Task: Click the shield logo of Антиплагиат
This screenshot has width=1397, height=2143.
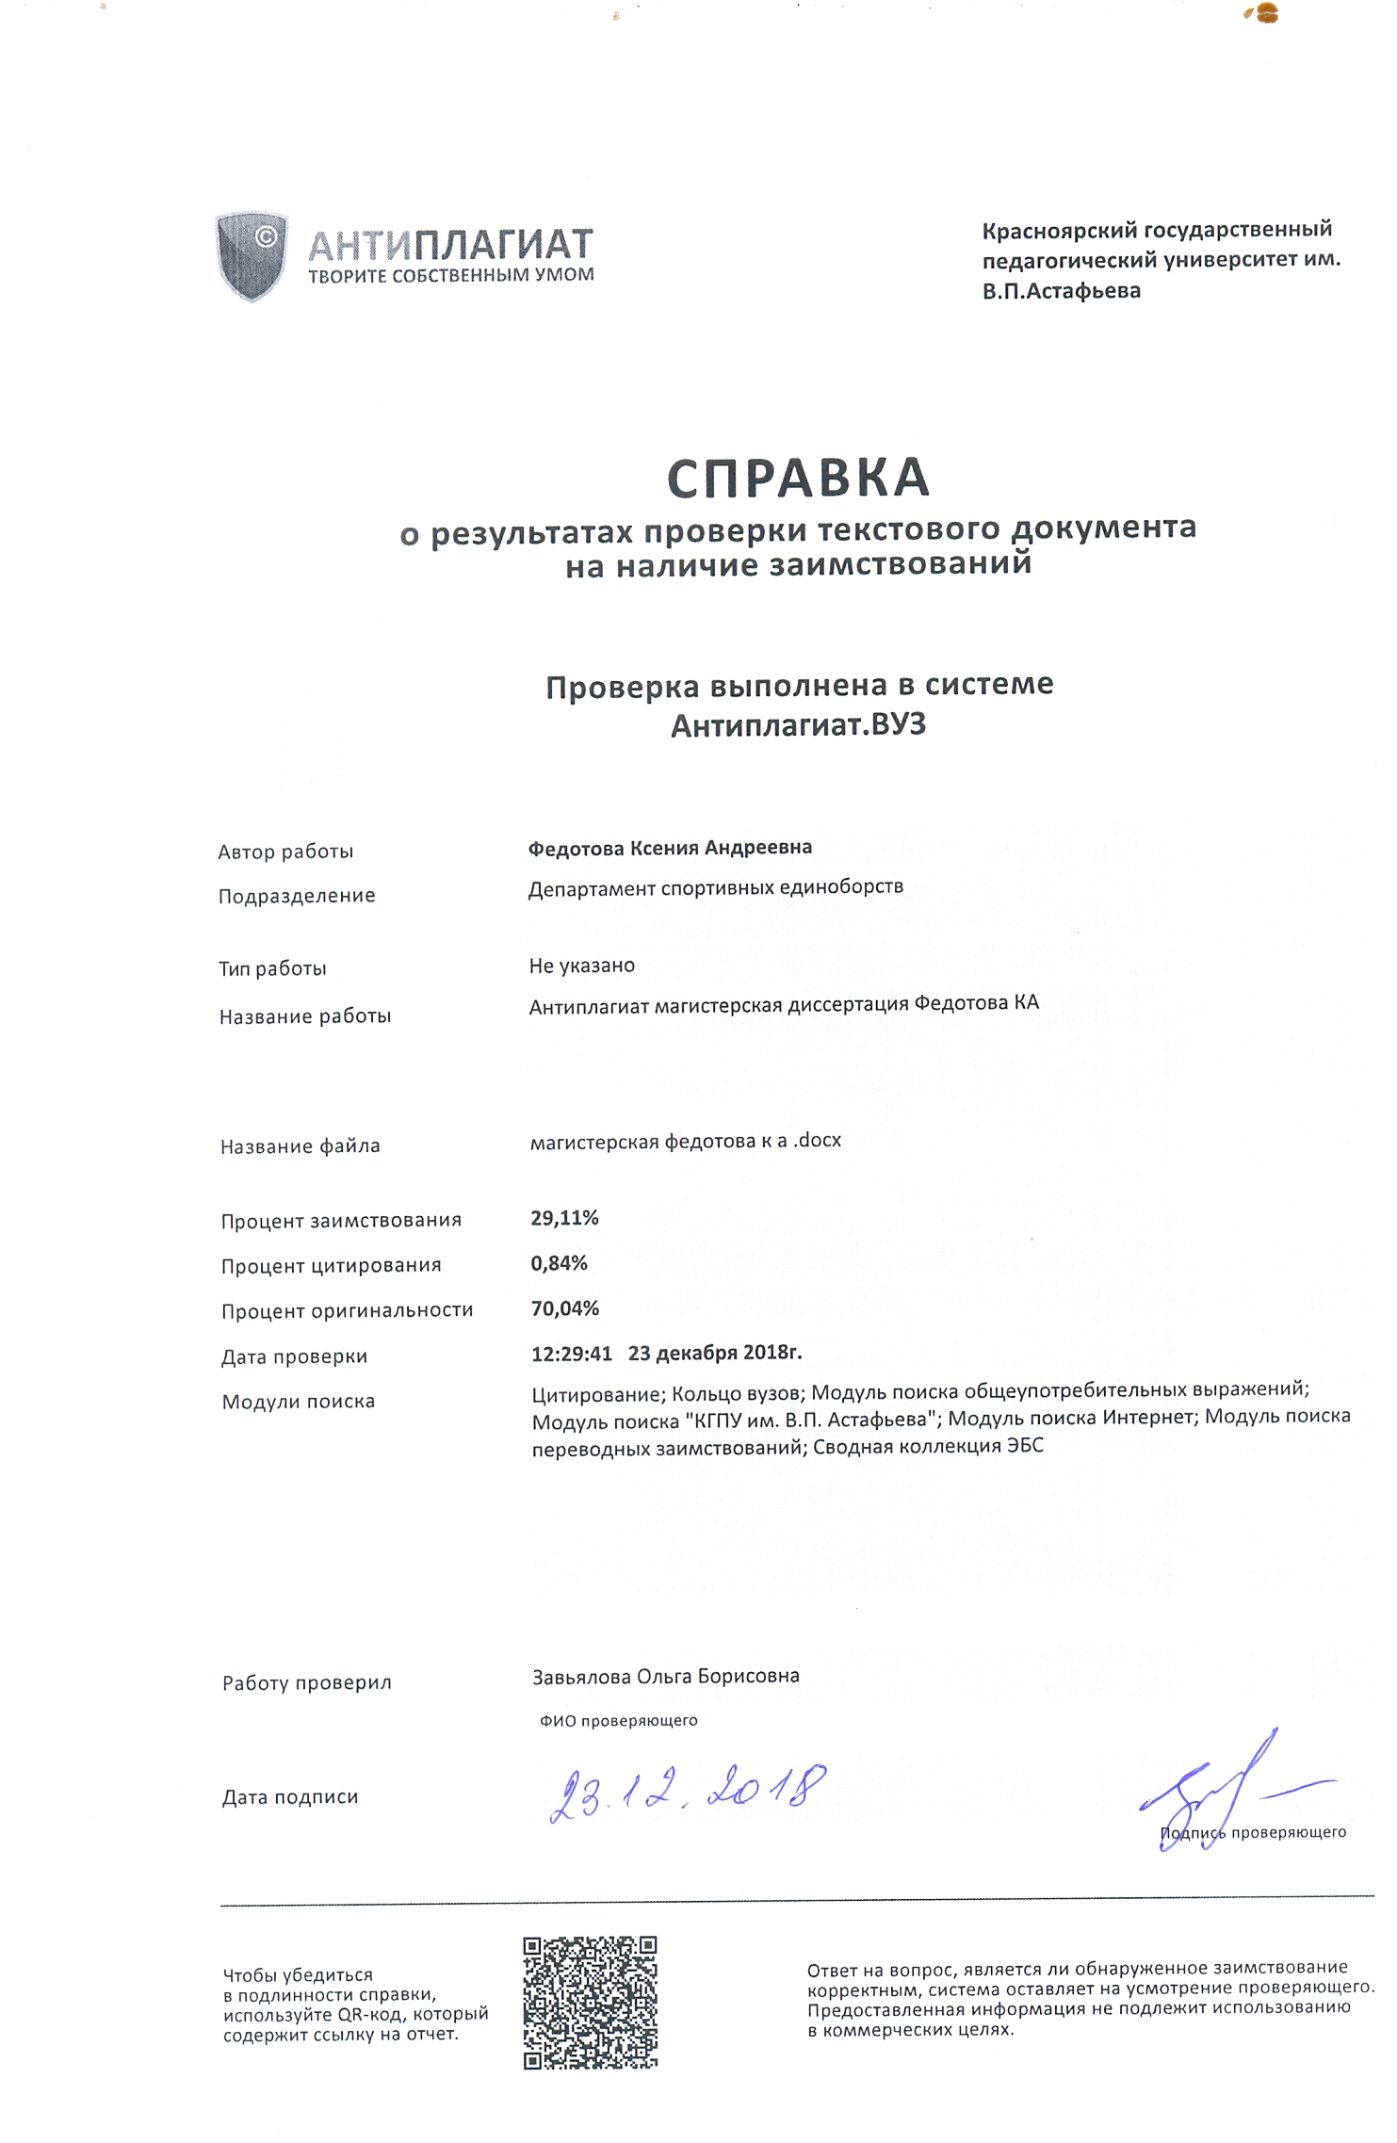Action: pos(251,254)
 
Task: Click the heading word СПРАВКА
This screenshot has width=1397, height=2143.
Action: pos(798,478)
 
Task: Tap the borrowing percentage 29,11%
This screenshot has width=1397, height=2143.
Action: pos(564,1218)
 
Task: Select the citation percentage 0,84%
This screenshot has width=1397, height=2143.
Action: pos(559,1263)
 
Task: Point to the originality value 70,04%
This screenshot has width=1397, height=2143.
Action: pos(565,1308)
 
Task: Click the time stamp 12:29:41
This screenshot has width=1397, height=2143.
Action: pos(572,1355)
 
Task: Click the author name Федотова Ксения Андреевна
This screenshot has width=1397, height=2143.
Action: pos(670,848)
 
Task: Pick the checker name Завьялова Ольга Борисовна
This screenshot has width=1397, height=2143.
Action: pos(666,1677)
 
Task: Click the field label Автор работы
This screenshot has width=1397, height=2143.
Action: pos(285,852)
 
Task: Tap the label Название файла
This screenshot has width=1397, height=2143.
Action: pos(300,1146)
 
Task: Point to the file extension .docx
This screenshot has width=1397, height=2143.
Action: pos(818,1141)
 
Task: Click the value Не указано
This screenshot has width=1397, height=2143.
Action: pos(582,966)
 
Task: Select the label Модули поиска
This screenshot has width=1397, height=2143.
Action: pos(298,1402)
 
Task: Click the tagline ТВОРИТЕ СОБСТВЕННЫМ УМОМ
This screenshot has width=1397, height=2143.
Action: pos(451,275)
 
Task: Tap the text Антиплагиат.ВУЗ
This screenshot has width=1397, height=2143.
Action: pos(798,725)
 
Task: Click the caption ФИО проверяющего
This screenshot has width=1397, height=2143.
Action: pos(618,1721)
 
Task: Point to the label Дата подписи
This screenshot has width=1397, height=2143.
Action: pos(290,1797)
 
